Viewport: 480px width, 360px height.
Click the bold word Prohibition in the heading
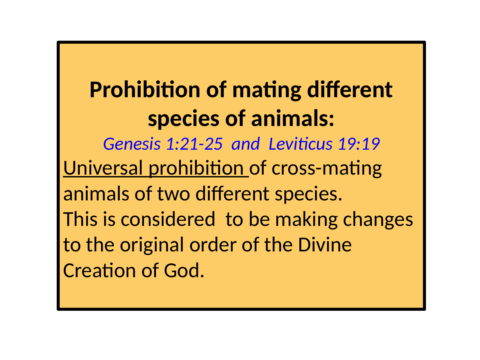(145, 90)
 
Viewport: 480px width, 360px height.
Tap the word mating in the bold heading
(267, 91)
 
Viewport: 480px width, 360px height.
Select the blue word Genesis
(132, 144)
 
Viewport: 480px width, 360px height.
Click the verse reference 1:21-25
(194, 144)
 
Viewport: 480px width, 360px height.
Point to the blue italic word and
(246, 144)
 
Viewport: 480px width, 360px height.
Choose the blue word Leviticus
(301, 144)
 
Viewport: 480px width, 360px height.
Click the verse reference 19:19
(359, 144)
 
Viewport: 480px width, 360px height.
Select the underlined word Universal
(103, 168)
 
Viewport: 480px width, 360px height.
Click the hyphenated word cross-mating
(326, 169)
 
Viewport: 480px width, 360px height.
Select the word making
(306, 220)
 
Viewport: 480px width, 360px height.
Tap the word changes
(378, 220)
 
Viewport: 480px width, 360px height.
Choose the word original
(152, 245)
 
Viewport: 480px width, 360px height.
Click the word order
(213, 244)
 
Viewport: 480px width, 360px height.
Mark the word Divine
(325, 244)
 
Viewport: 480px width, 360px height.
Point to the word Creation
(100, 270)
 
